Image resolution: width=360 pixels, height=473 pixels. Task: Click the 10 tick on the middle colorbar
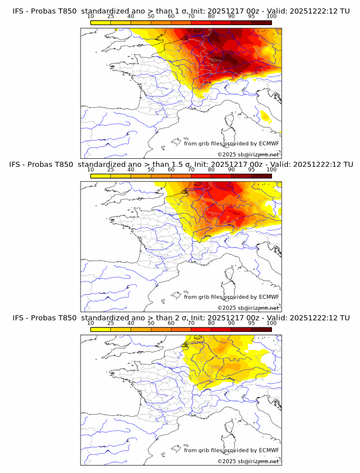tap(91, 170)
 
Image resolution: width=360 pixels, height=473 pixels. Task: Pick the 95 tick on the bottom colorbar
tap(251, 323)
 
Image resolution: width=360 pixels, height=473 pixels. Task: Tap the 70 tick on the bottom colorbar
tap(191, 323)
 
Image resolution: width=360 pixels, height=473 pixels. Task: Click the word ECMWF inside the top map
tap(269, 143)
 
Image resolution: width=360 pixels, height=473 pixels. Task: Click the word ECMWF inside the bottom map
tap(269, 450)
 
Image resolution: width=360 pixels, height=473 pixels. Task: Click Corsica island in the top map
tap(230, 121)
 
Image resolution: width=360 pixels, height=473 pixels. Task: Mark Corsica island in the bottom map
tap(230, 428)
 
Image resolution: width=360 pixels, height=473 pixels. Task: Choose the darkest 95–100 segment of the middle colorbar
tap(261, 176)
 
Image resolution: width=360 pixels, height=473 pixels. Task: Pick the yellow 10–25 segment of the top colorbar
tap(101, 22)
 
